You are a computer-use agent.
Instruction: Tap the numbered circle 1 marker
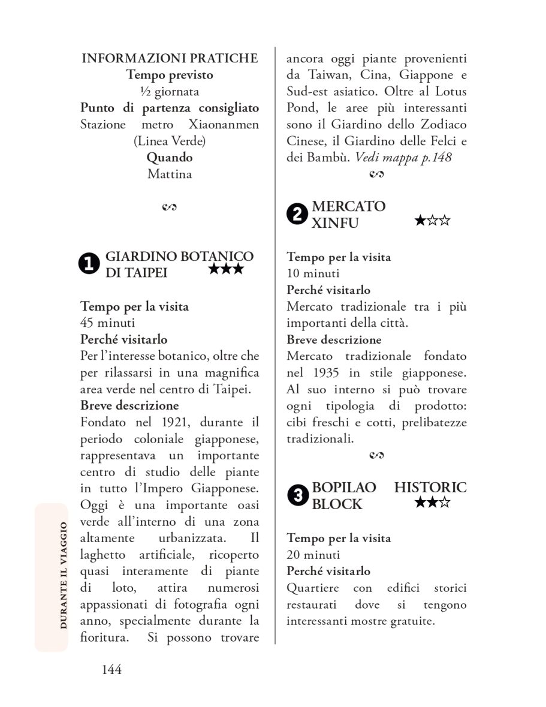click(89, 265)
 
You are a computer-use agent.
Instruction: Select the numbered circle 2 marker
click(297, 214)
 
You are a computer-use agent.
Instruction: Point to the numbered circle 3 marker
click(297, 496)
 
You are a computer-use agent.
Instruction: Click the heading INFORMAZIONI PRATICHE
click(170, 58)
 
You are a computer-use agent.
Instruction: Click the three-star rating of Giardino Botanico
click(226, 269)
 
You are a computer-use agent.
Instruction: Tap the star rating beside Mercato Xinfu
click(432, 221)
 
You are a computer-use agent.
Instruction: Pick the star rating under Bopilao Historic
click(432, 503)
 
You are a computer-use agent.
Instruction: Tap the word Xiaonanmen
click(224, 125)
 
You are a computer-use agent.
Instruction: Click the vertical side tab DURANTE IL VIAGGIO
click(63, 576)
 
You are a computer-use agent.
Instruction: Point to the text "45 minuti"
click(107, 323)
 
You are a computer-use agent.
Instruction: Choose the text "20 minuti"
click(313, 555)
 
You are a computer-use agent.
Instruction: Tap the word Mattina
click(170, 175)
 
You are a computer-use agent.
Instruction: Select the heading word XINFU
click(335, 223)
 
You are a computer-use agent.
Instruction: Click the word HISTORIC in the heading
click(430, 488)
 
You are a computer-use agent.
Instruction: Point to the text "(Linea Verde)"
click(170, 142)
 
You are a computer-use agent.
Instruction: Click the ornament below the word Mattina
click(170, 207)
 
